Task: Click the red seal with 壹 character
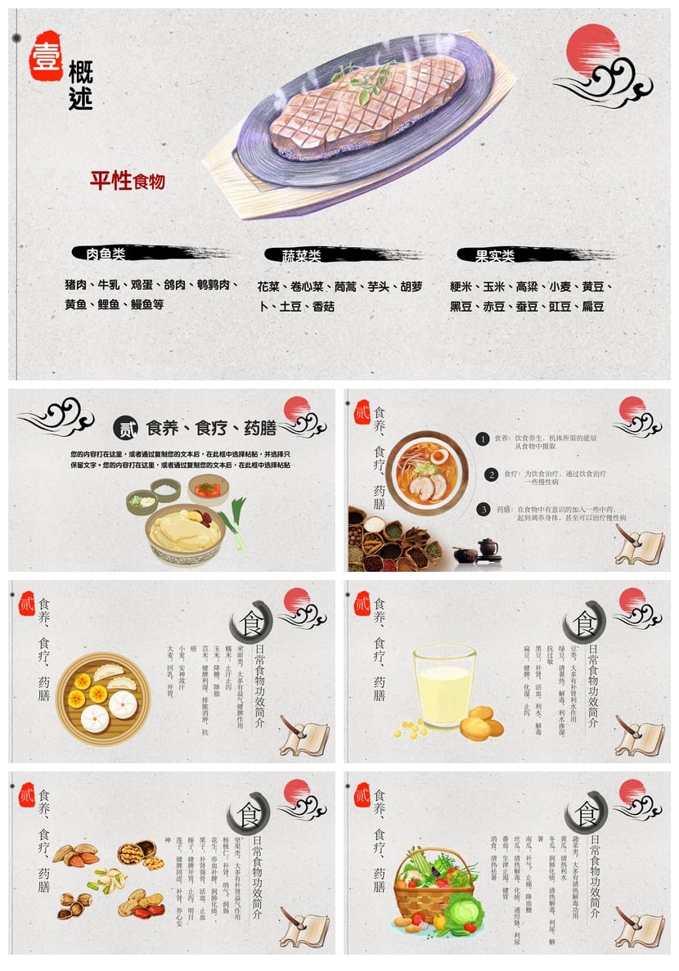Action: (46, 55)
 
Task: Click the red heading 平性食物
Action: (128, 181)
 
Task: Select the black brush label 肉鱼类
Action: (106, 254)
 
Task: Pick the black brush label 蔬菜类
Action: (302, 256)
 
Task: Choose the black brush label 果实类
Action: (495, 256)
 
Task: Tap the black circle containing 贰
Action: (125, 427)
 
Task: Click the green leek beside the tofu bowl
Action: (234, 533)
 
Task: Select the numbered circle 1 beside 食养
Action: (483, 439)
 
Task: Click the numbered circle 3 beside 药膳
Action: (483, 510)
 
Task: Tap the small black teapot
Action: (488, 546)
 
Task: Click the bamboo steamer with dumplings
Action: (103, 698)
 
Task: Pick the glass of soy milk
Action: (444, 686)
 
